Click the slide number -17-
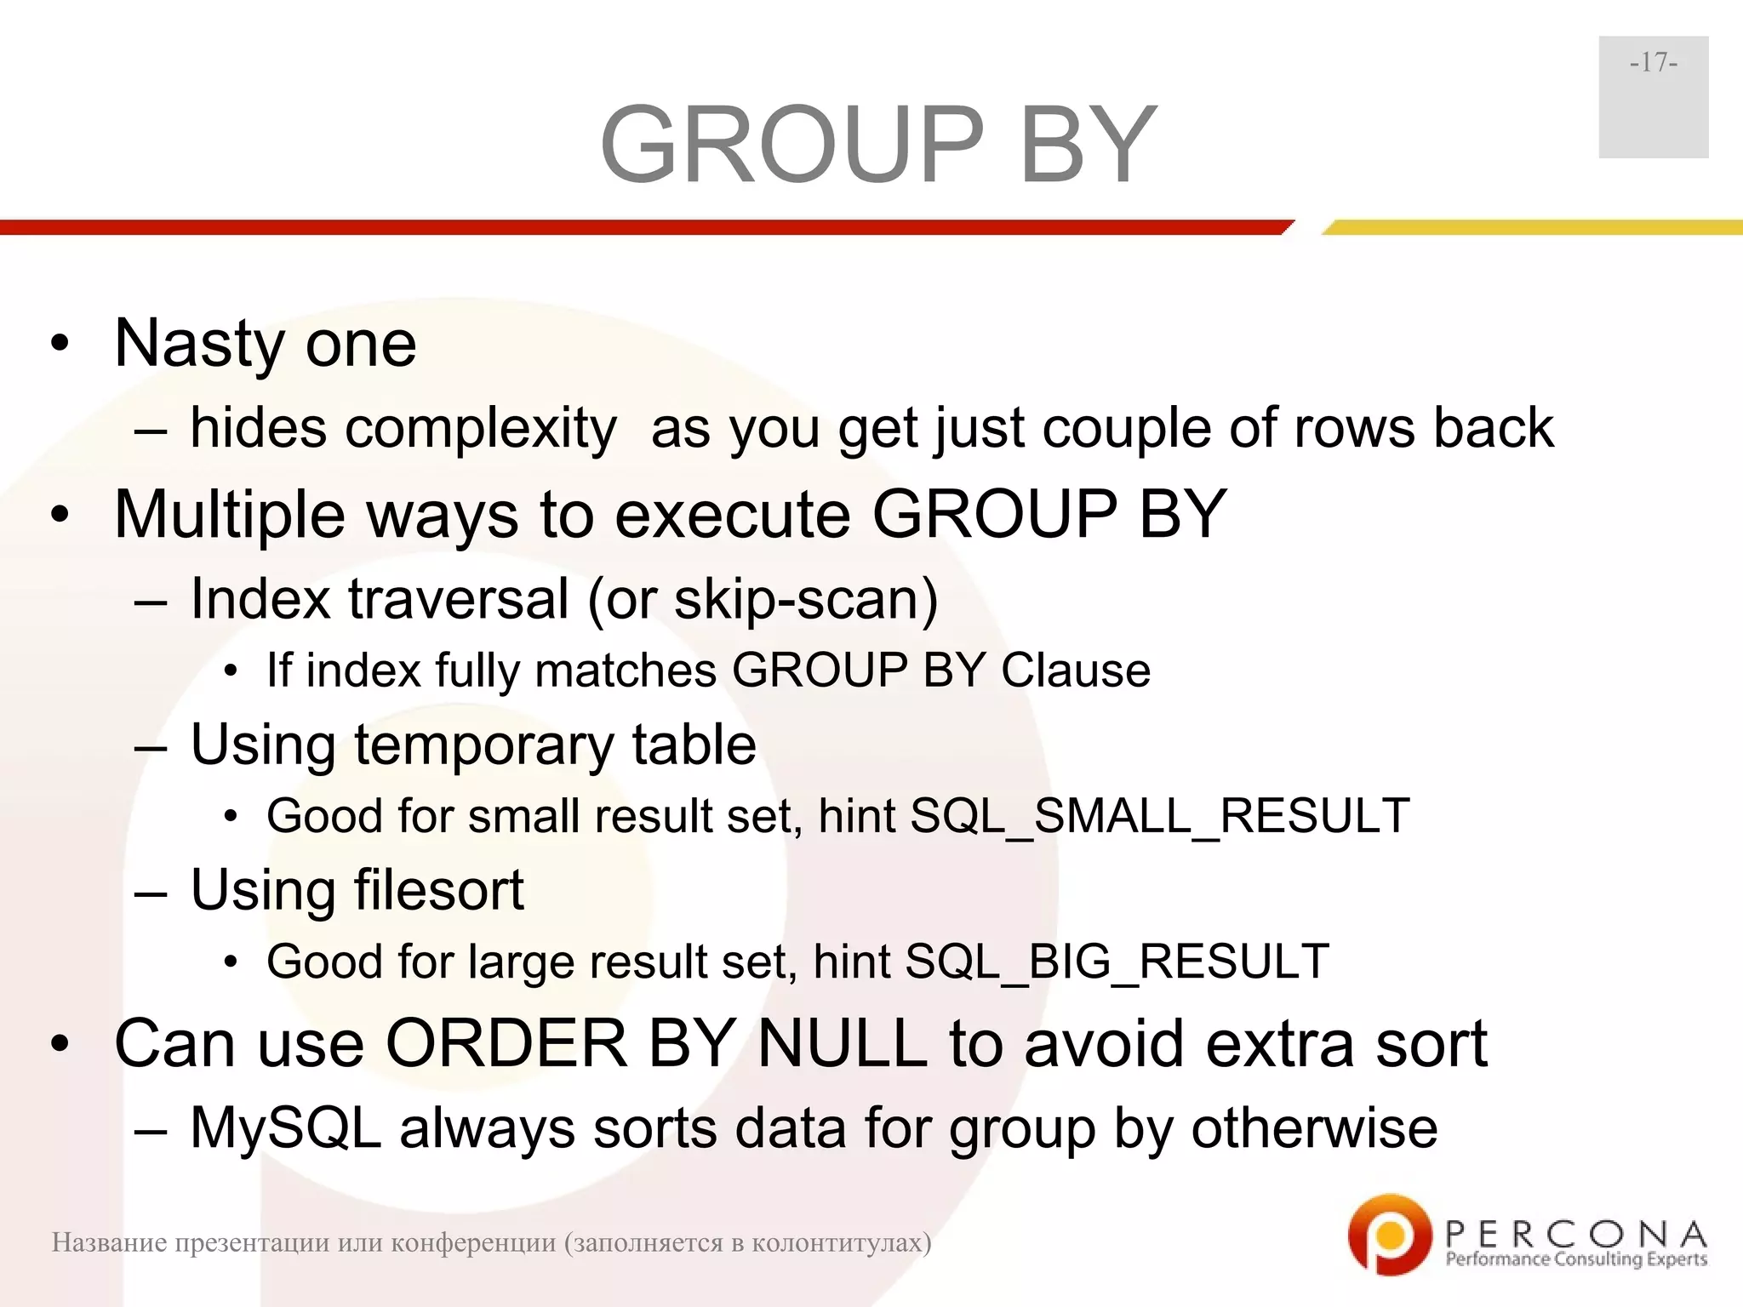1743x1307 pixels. pyautogui.click(x=1653, y=63)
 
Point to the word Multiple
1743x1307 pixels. pyautogui.click(x=230, y=516)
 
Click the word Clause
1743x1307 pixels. pyautogui.click(x=1076, y=671)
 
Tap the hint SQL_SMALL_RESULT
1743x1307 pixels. pyautogui.click(x=1159, y=816)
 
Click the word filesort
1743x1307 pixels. pyautogui.click(x=438, y=890)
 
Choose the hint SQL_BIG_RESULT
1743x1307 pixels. pyautogui.click(x=1116, y=962)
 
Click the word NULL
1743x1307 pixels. pyautogui.click(x=842, y=1044)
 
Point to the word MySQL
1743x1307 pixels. pyautogui.click(x=285, y=1129)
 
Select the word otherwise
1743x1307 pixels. pyautogui.click(x=1314, y=1129)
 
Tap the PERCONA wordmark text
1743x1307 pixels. pyautogui.click(x=1575, y=1233)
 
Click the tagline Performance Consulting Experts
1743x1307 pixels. pyautogui.click(x=1575, y=1259)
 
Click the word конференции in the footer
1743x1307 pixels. pyautogui.click(x=473, y=1243)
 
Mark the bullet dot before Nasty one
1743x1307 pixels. pyautogui.click(x=59, y=345)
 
